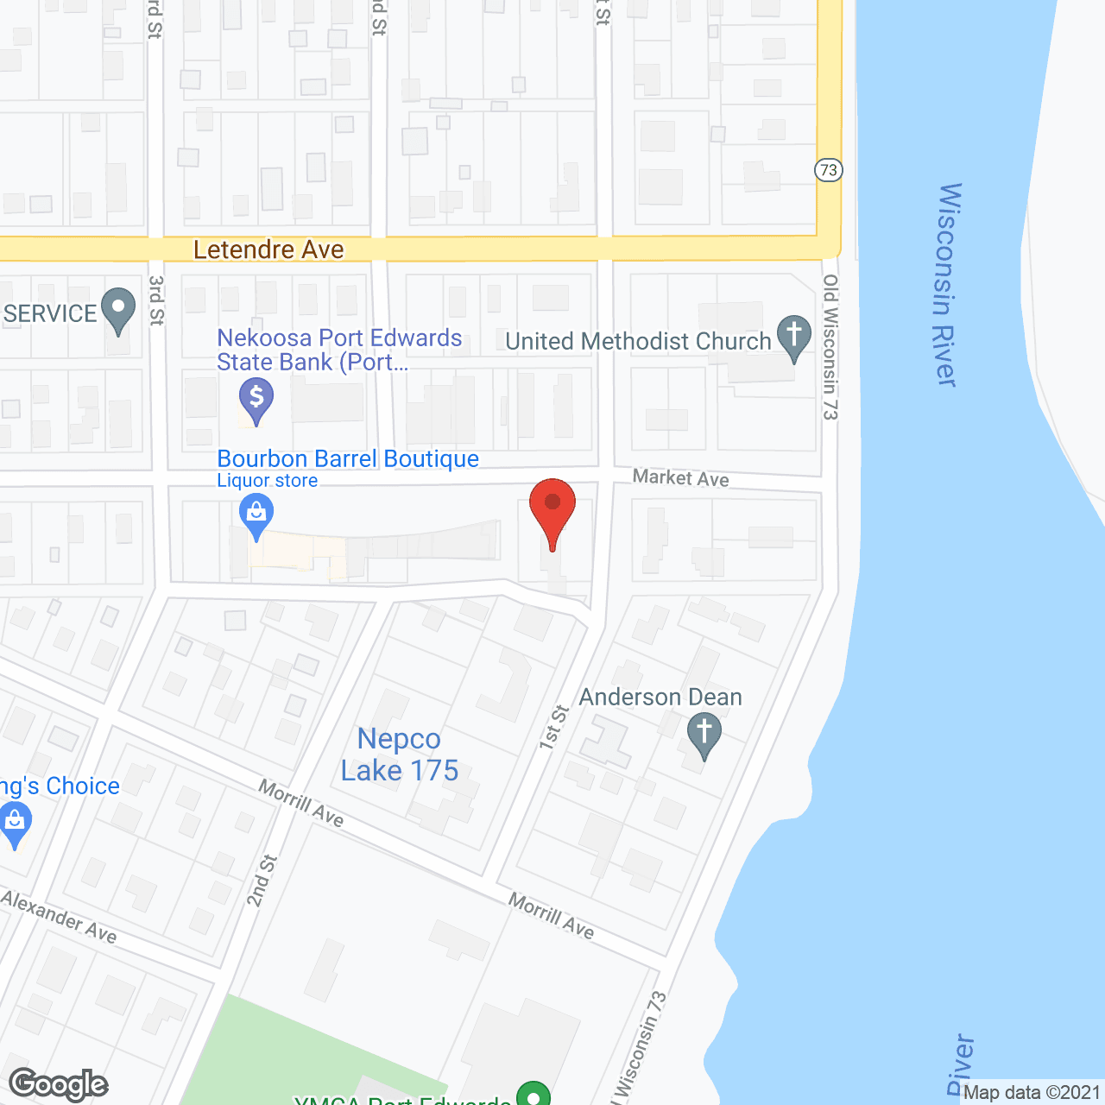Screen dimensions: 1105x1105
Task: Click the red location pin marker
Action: pos(552,509)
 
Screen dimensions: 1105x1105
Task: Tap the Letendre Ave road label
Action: pos(268,249)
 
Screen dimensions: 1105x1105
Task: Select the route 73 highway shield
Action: pos(829,170)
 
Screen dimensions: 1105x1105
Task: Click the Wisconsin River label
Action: pos(947,285)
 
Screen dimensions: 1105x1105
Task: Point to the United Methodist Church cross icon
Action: pos(794,337)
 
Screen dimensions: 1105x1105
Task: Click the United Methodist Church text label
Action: pos(638,342)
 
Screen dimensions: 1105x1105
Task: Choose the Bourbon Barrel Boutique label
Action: pos(348,458)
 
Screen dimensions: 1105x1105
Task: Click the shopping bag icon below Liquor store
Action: pos(256,515)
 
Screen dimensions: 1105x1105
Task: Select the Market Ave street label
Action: pos(680,477)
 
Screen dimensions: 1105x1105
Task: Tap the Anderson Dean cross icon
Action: pos(704,736)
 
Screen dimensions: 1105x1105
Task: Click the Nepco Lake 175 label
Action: pos(400,755)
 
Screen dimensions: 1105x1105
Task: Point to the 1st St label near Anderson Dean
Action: pos(554,727)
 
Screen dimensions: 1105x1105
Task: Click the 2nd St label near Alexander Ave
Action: pos(262,881)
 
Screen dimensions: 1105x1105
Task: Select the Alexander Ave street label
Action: pos(59,916)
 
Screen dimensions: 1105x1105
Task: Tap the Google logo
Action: pos(59,1084)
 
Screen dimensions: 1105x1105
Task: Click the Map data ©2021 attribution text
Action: pos(1032,1093)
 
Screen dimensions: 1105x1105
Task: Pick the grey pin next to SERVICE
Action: pos(118,310)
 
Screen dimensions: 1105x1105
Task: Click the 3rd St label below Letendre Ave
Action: pos(156,300)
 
